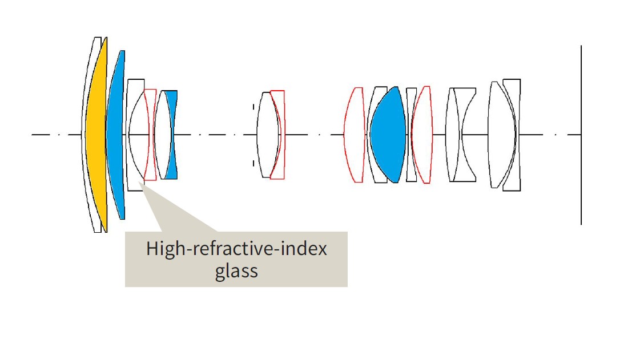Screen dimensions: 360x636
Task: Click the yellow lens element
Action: pos(95,135)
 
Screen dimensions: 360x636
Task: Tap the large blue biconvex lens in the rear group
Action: pos(388,135)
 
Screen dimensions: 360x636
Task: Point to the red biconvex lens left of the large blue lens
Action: pos(355,135)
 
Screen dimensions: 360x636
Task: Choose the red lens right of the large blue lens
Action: pos(422,135)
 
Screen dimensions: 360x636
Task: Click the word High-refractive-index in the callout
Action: pos(236,249)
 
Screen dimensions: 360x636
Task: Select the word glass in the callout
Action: pos(236,270)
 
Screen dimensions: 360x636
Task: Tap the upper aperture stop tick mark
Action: pos(253,106)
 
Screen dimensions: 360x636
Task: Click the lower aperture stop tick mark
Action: pos(253,163)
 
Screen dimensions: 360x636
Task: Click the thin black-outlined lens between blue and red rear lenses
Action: pos(411,135)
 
